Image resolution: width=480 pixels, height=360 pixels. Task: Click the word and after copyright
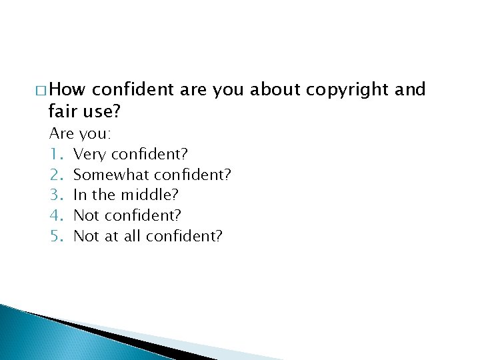(410, 90)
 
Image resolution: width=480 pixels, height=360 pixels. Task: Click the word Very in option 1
(89, 155)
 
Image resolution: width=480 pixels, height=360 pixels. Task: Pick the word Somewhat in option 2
(111, 175)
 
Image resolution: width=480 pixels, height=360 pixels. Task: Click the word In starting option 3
(79, 195)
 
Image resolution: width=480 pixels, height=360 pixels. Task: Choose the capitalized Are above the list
(61, 133)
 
